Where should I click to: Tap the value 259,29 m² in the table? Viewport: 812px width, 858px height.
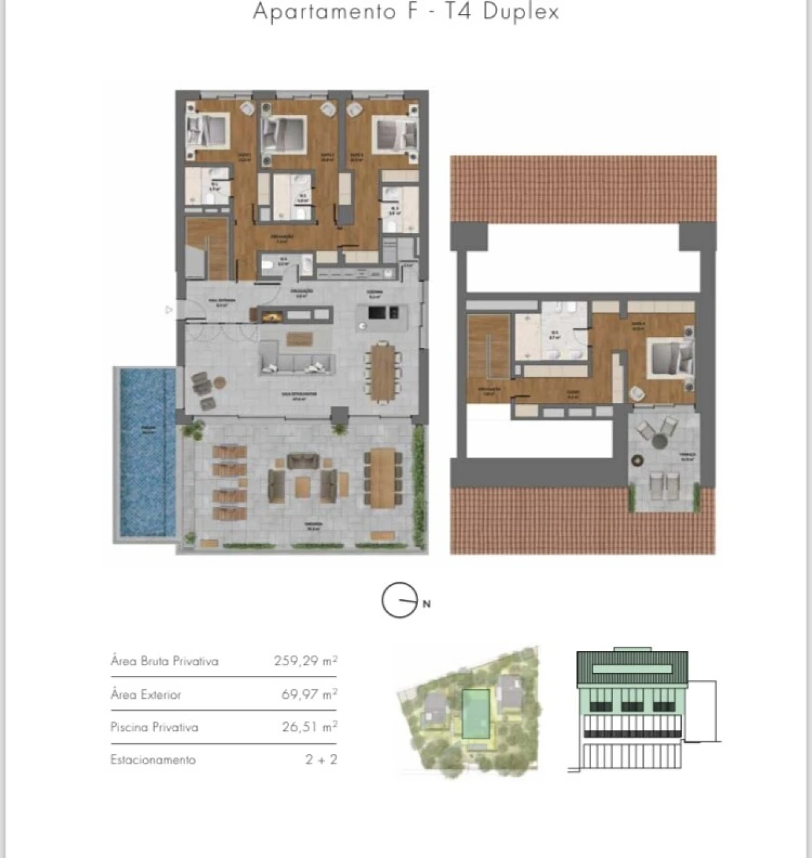click(x=305, y=661)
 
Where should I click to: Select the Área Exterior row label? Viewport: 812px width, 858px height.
click(x=146, y=694)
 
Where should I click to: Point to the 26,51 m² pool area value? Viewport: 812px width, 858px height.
click(x=309, y=727)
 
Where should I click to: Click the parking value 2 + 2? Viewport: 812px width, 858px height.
click(x=320, y=760)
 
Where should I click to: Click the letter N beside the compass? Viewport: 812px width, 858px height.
click(x=426, y=604)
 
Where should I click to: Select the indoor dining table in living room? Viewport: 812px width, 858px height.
click(x=383, y=372)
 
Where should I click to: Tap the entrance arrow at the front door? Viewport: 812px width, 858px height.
click(x=169, y=310)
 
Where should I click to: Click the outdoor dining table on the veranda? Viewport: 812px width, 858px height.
click(x=383, y=477)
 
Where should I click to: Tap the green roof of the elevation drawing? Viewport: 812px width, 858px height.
click(x=632, y=668)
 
